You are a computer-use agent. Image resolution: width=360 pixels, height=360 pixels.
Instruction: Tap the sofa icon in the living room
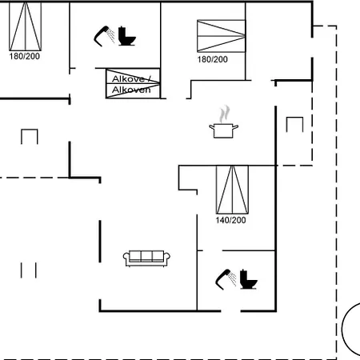(x=146, y=258)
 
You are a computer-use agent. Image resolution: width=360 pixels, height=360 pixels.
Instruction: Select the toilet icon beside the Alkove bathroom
(x=126, y=36)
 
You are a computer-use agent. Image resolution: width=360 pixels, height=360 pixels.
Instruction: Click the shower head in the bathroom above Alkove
(x=104, y=36)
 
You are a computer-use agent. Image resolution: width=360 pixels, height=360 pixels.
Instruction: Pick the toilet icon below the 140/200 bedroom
(x=248, y=279)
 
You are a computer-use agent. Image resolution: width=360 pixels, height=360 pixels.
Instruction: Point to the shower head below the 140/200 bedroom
(x=226, y=279)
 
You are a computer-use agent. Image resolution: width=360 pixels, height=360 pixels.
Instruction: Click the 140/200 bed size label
(x=230, y=220)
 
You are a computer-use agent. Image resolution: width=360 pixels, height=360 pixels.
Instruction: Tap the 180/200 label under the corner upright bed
(x=25, y=56)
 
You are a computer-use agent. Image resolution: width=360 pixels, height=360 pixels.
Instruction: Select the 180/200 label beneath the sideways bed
(x=213, y=59)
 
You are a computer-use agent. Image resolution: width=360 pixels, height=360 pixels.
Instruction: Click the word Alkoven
(x=131, y=90)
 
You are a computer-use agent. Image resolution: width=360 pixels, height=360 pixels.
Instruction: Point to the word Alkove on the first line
(x=128, y=79)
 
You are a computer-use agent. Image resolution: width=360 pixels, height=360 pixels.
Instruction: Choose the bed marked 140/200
(x=232, y=190)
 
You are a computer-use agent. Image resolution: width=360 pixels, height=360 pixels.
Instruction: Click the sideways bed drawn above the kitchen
(x=221, y=36)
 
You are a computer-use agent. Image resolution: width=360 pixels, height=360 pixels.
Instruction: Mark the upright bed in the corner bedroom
(x=26, y=26)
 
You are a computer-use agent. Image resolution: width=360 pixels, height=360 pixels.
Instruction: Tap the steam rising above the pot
(x=225, y=114)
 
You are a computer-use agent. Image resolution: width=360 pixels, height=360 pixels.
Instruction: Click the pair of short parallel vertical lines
(x=29, y=270)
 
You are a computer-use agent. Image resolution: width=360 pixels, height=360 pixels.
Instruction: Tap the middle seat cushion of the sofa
(x=146, y=256)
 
